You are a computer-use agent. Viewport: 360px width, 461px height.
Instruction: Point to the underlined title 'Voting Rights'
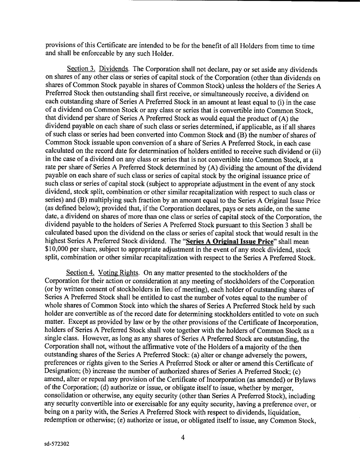tap(117, 273)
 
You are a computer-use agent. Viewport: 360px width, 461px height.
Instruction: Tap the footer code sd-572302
tap(56, 445)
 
